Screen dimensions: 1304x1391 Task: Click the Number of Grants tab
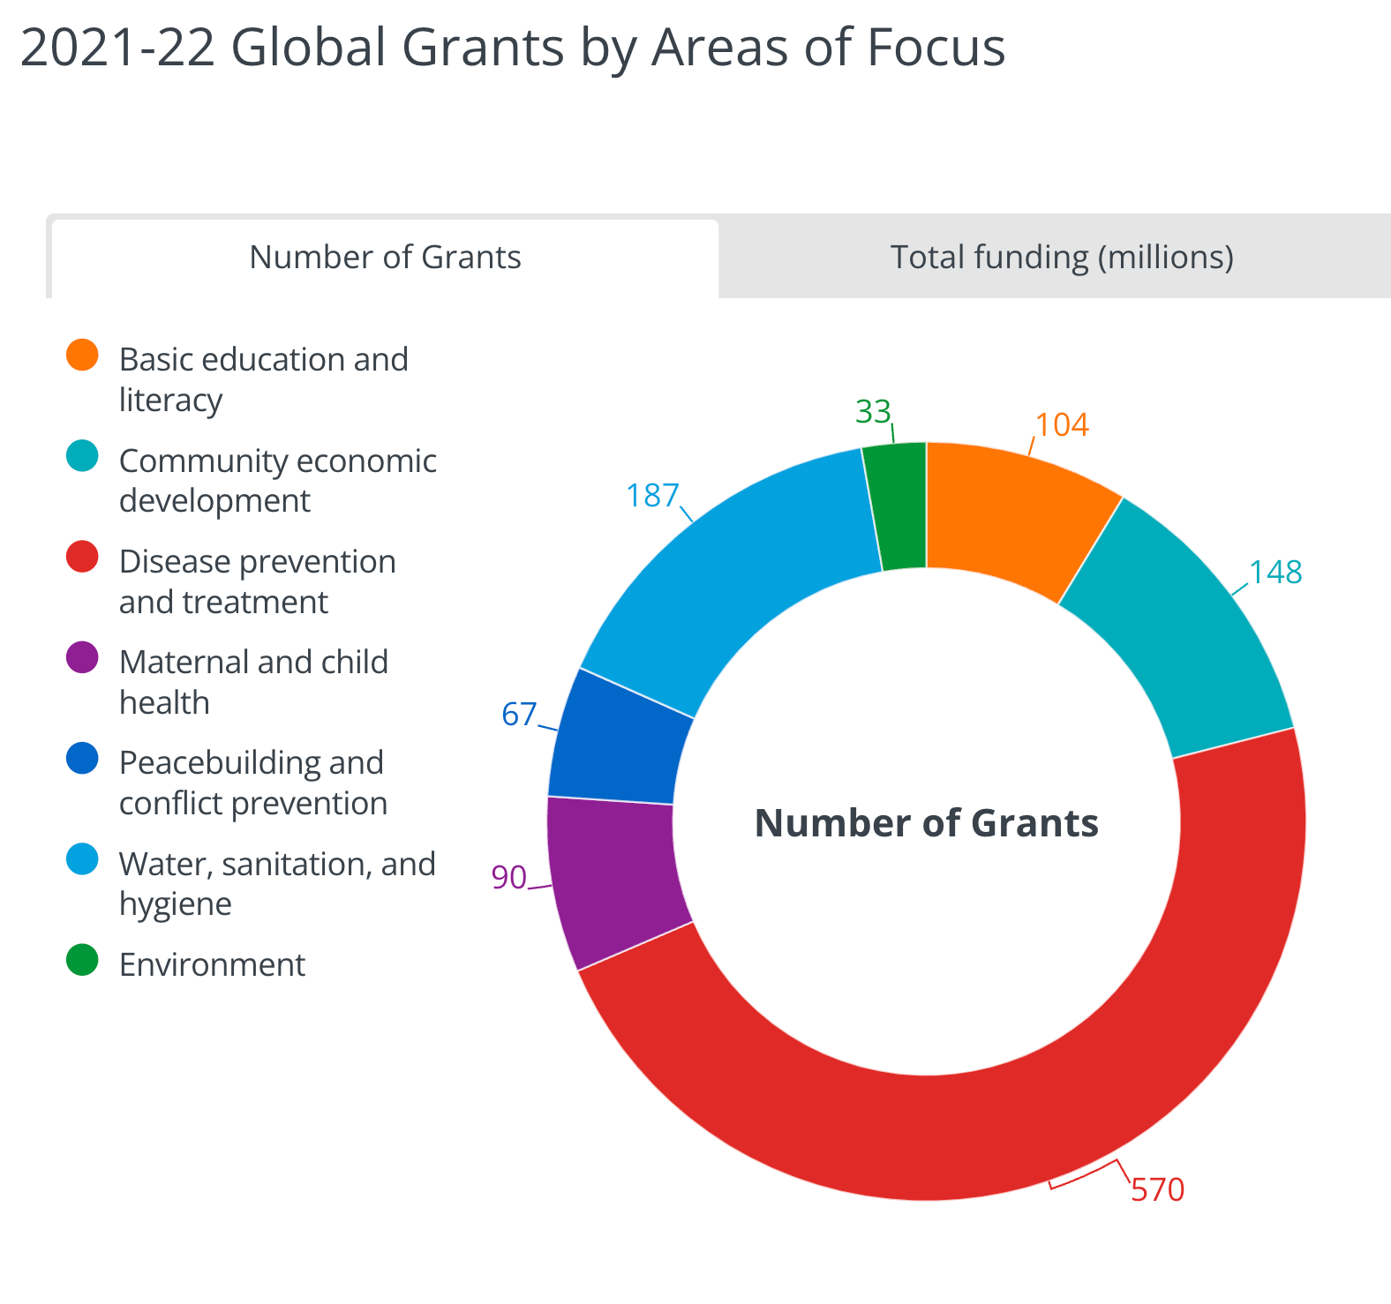(385, 258)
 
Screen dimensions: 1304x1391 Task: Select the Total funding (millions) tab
(1061, 258)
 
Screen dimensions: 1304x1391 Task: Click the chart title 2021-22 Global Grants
(512, 47)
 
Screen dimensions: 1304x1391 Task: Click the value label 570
(1157, 1190)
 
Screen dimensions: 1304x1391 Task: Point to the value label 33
(874, 412)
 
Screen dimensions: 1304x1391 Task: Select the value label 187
(652, 496)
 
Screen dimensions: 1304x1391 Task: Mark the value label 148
(1275, 573)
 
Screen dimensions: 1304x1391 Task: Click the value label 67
(519, 714)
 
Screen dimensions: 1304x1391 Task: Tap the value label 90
(509, 878)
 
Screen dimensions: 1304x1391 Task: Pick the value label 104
(1062, 425)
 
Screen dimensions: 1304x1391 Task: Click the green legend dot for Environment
(82, 960)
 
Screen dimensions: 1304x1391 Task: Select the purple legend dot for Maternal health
(82, 657)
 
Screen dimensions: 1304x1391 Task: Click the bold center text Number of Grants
(927, 823)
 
